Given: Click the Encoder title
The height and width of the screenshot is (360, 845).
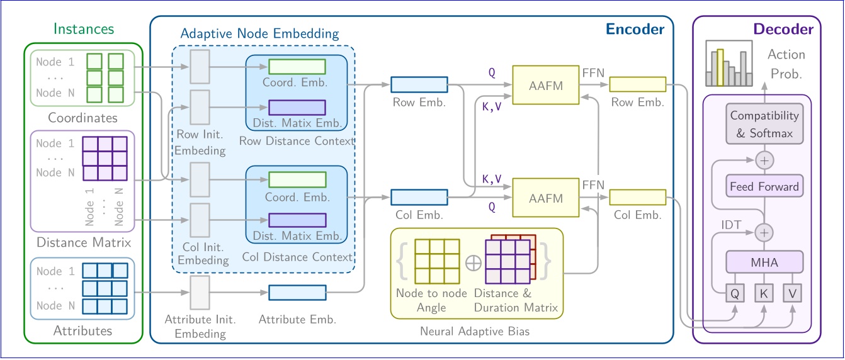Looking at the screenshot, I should [x=635, y=29].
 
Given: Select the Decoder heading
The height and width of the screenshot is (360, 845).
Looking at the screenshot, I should [x=783, y=29].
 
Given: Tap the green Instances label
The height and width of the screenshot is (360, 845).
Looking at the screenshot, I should [x=84, y=29].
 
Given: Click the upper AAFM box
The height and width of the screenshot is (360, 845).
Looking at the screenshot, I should [x=546, y=85].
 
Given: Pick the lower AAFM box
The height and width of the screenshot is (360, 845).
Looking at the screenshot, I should [x=546, y=198].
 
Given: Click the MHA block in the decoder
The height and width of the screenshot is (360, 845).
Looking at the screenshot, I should [x=764, y=262].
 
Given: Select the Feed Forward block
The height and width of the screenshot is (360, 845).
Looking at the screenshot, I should [x=764, y=186].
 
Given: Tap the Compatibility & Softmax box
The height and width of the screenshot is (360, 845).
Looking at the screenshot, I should [x=764, y=124].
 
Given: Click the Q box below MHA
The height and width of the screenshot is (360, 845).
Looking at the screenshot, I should [x=735, y=293].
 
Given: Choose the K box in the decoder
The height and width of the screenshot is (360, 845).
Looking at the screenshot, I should [x=763, y=293].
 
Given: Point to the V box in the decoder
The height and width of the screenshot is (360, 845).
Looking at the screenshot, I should [x=792, y=293].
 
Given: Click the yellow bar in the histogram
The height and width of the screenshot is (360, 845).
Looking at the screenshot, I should [x=720, y=67].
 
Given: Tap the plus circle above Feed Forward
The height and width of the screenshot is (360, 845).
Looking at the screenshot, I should [x=764, y=160].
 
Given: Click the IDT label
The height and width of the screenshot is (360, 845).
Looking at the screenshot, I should [x=731, y=225].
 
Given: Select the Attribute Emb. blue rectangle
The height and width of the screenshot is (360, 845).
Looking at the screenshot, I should [x=297, y=293].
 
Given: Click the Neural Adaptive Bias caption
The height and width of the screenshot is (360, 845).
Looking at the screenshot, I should [x=475, y=331].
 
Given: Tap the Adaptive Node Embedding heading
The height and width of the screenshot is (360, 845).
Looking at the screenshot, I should [x=259, y=33].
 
